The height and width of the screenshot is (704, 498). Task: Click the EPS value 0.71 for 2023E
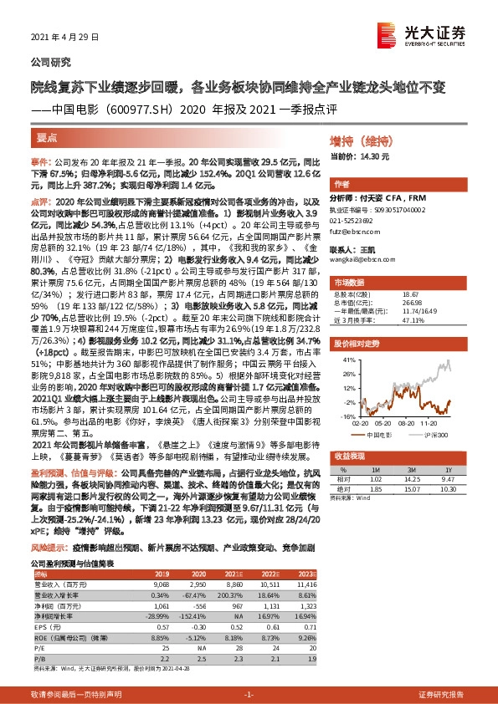pyautogui.click(x=307, y=623)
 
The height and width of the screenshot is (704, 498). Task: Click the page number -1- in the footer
pyautogui.click(x=248, y=696)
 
